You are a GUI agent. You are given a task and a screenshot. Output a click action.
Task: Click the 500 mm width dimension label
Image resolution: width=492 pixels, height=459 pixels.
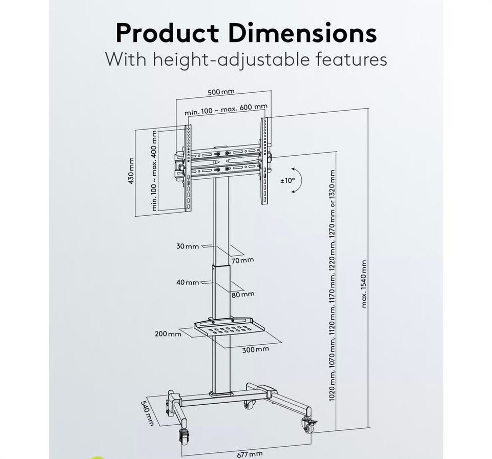coord(221,92)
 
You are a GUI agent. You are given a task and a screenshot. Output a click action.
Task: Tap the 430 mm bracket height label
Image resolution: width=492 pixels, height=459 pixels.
coord(131,171)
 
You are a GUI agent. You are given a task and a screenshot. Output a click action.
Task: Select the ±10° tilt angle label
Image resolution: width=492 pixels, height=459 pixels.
coord(288,180)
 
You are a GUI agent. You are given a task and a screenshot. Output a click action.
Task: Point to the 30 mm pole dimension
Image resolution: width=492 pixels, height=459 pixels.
coord(188,246)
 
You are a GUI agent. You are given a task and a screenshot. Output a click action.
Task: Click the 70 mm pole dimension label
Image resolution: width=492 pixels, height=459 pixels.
coord(242,260)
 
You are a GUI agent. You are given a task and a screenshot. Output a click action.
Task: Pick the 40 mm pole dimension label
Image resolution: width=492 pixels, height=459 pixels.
coord(188,282)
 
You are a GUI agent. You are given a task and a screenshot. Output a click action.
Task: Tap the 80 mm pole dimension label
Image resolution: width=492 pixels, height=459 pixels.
coord(243,294)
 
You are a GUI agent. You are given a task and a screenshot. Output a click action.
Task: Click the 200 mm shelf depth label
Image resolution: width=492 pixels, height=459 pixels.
coord(168,334)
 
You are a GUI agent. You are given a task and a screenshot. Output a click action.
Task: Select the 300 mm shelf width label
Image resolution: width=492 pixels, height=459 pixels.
coord(255,349)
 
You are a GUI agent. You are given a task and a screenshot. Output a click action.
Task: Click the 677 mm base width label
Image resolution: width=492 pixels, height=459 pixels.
coord(250,454)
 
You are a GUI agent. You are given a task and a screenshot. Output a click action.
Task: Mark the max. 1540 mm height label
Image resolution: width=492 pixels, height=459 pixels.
coord(364,284)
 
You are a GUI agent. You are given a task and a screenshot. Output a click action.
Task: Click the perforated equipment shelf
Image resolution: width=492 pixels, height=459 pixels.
coord(230,326)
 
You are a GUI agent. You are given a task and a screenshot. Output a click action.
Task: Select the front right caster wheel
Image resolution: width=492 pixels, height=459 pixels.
coord(309,426)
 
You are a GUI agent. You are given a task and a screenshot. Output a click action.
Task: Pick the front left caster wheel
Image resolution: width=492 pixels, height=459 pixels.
coord(184,435)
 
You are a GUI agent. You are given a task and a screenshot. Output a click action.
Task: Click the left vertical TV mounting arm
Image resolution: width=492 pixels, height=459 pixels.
coord(188,168)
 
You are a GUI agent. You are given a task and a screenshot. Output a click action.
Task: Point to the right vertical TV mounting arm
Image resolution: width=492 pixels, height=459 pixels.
coord(264,161)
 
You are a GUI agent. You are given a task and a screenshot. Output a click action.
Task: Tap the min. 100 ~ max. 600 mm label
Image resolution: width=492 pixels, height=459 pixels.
coord(226,109)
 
